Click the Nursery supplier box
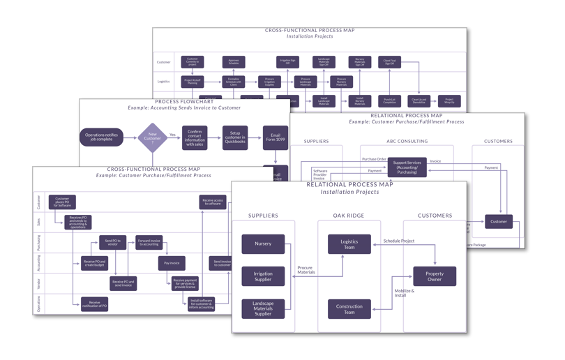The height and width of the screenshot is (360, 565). [263, 243]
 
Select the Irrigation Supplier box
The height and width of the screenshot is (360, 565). [263, 276]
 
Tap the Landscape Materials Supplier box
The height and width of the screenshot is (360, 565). [263, 308]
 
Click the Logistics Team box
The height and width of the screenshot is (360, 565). [349, 243]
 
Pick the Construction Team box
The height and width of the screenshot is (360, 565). [349, 308]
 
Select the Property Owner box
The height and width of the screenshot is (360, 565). [435, 276]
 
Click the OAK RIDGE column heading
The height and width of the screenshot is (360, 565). [349, 216]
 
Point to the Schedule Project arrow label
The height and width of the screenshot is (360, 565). [399, 241]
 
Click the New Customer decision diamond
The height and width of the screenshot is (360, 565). [152, 137]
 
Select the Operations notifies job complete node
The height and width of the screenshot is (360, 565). [102, 137]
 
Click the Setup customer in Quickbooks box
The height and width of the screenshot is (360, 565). [235, 137]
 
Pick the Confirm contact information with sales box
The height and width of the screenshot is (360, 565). [195, 137]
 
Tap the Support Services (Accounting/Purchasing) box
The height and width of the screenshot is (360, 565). [407, 167]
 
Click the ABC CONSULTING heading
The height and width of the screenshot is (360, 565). [407, 141]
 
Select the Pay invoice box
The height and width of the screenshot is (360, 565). [172, 263]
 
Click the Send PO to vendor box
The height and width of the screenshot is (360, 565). [112, 242]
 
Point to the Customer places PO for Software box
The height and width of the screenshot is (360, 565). [62, 202]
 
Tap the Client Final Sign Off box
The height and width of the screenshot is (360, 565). [389, 62]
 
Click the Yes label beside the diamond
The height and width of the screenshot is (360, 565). [172, 135]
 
